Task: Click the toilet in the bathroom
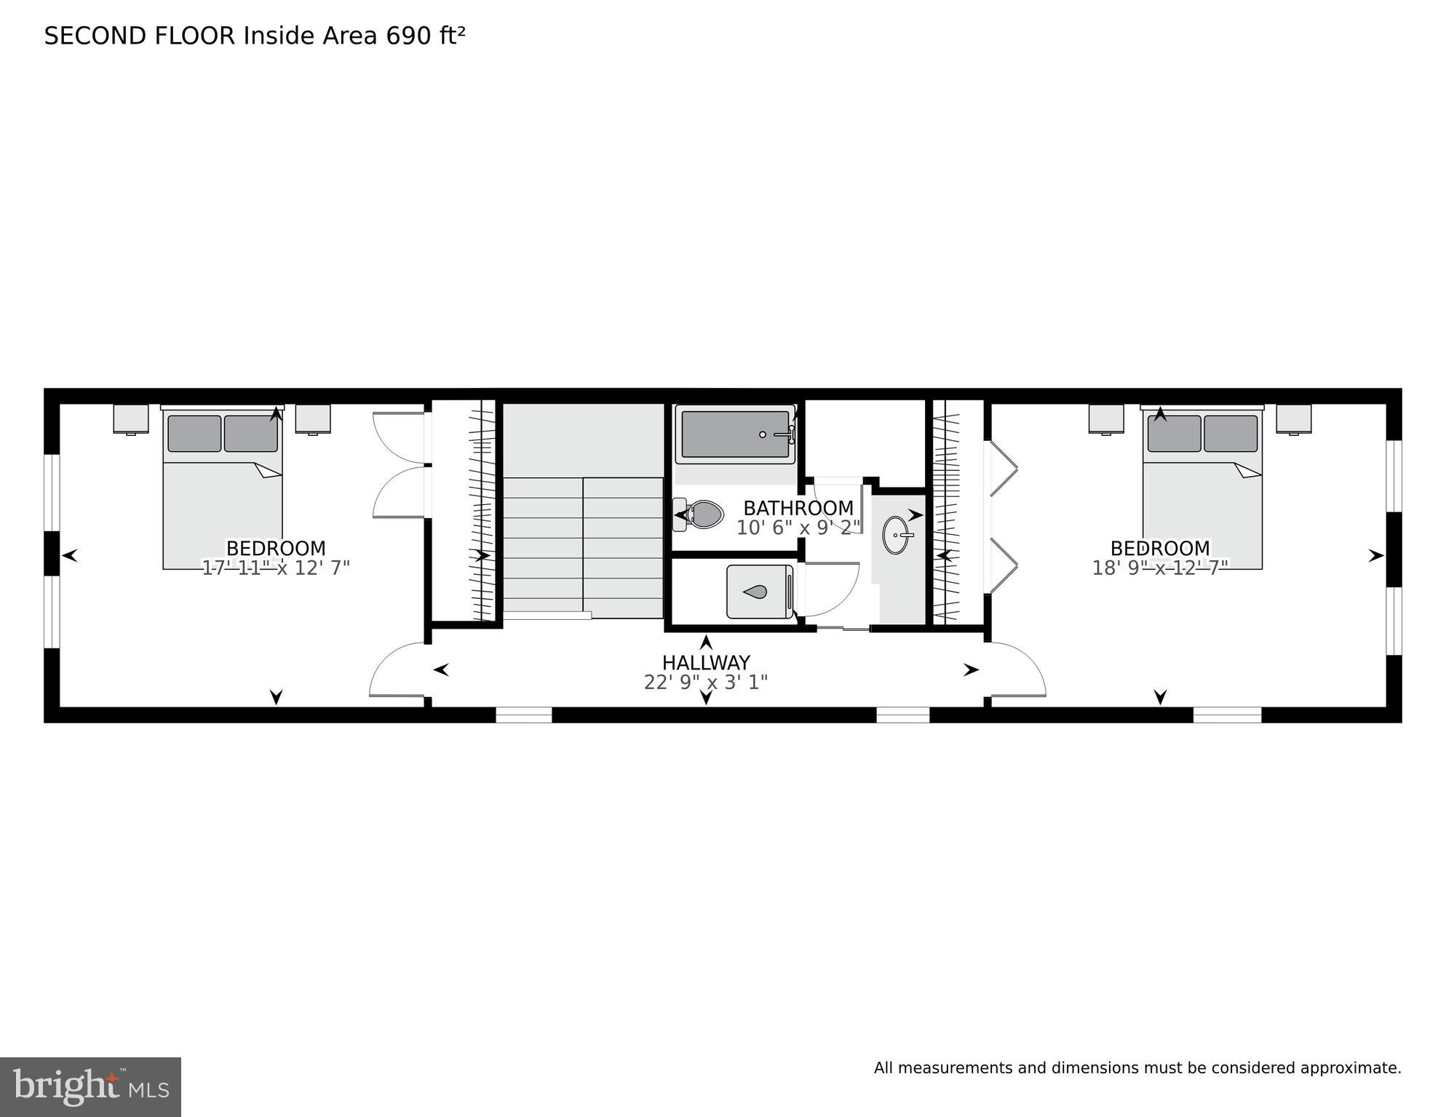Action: point(700,514)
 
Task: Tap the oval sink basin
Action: point(897,535)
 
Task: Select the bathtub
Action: point(735,434)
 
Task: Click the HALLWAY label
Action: point(705,663)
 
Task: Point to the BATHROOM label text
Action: point(798,508)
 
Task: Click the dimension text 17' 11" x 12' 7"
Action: point(276,568)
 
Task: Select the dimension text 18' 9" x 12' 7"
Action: point(1159,568)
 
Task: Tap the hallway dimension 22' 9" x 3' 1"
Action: point(705,683)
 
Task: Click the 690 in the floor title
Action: point(408,36)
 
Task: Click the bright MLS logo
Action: point(90,1086)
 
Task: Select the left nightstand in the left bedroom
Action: point(131,419)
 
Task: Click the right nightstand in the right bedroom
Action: point(1293,419)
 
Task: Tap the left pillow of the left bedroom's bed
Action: point(194,434)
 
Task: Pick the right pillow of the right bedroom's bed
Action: point(1230,434)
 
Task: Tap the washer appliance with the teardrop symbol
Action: point(759,592)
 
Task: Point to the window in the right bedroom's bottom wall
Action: point(1226,715)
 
